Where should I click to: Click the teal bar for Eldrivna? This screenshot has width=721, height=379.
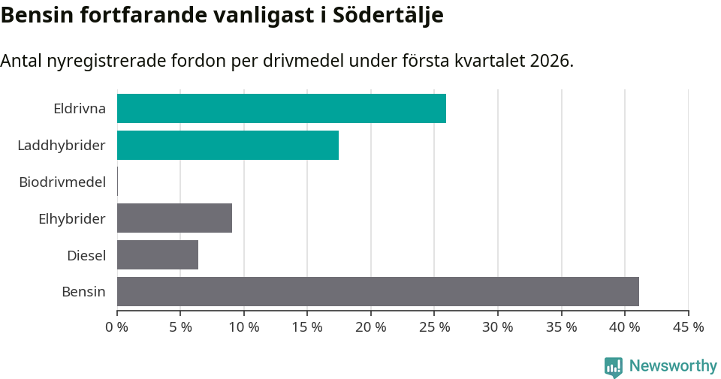tap(282, 108)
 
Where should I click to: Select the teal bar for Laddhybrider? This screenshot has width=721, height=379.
tap(228, 145)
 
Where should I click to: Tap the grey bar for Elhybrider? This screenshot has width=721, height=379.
tap(174, 218)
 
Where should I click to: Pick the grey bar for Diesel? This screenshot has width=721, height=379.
tap(158, 255)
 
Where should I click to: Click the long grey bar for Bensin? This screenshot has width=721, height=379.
tap(378, 291)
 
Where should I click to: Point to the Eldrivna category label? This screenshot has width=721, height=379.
tap(80, 109)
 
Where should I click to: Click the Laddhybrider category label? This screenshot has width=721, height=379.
tap(62, 145)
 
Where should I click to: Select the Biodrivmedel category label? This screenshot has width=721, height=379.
tap(62, 182)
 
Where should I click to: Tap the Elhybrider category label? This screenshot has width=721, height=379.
tap(72, 218)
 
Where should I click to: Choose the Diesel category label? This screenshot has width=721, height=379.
tap(86, 255)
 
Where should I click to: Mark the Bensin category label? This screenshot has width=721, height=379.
tap(83, 292)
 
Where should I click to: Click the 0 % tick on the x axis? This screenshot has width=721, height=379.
tap(117, 327)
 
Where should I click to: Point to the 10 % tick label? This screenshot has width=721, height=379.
tap(244, 327)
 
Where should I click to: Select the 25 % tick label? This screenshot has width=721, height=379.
tap(434, 327)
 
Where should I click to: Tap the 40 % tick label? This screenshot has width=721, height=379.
tap(625, 327)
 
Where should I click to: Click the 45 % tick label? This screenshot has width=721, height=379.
tap(688, 327)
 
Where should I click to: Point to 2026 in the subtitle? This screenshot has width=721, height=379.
tap(550, 61)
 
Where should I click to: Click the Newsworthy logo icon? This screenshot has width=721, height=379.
tap(614, 367)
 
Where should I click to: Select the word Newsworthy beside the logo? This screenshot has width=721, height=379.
tap(673, 366)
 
